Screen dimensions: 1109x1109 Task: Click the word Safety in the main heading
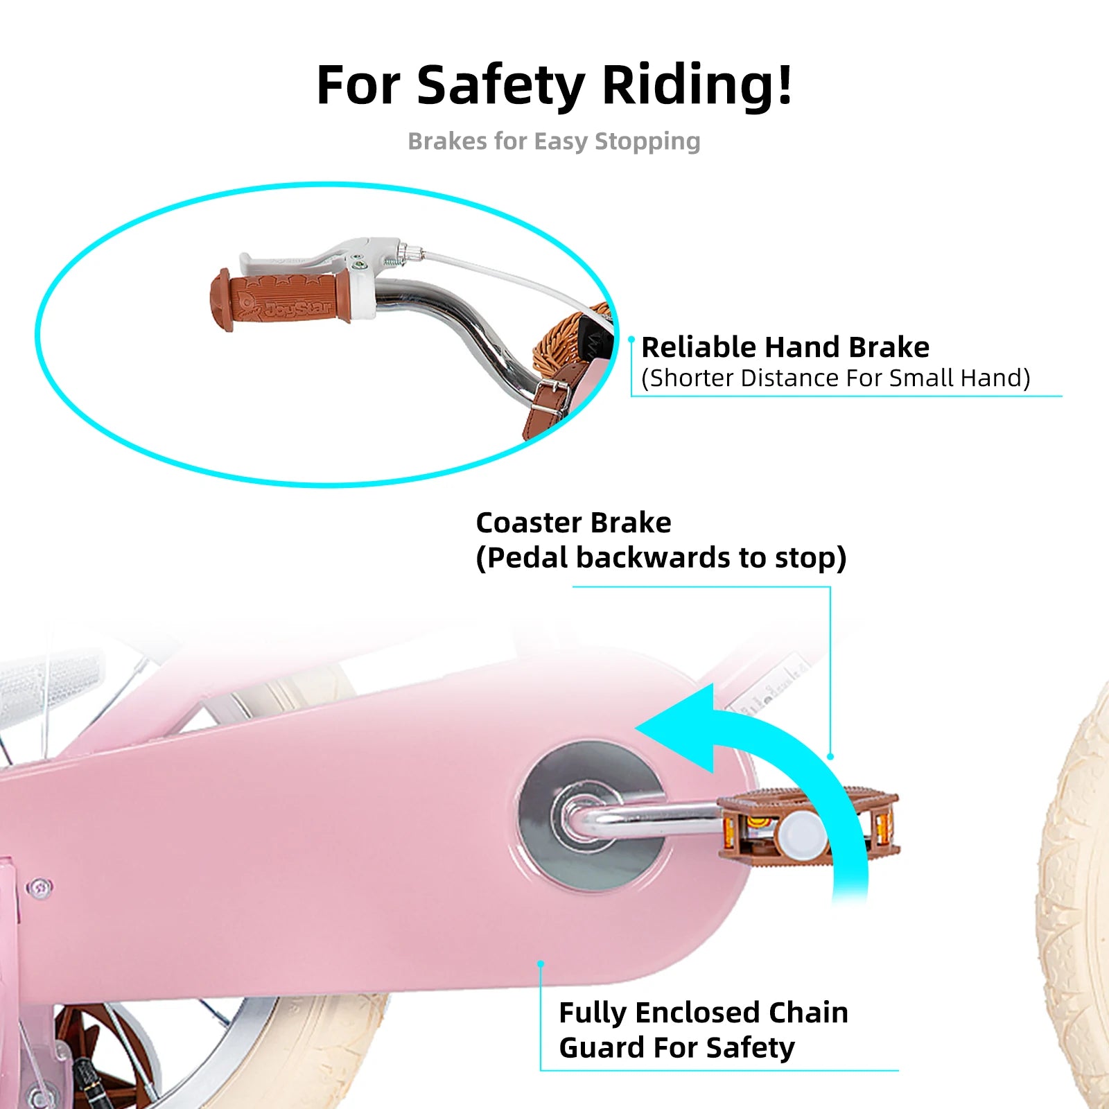coord(500,86)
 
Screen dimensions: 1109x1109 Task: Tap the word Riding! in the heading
coord(697,86)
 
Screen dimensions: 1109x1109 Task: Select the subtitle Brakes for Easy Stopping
coord(554,141)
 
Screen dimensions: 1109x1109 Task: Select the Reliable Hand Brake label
coord(785,347)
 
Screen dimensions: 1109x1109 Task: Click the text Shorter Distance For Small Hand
coord(835,378)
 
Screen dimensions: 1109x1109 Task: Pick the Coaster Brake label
coord(573,523)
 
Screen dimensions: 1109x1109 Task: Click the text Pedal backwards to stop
coord(661,558)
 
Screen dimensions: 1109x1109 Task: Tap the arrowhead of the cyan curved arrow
coord(679,728)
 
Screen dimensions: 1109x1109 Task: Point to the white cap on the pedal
coord(801,832)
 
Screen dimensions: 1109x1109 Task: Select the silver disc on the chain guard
coord(589,814)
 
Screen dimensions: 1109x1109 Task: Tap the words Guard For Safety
coord(676,1047)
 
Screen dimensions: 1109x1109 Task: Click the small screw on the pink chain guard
coord(40,887)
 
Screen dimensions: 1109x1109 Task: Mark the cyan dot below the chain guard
coord(541,963)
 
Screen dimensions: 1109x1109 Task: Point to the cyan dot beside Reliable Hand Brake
coord(631,340)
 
